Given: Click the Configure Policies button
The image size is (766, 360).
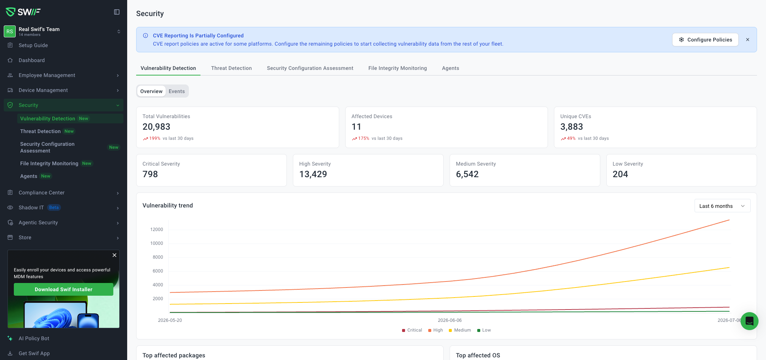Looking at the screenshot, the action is tap(705, 40).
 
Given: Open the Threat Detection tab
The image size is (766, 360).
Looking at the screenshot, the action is tap(231, 68).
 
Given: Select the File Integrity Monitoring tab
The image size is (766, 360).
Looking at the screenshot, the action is tap(397, 68).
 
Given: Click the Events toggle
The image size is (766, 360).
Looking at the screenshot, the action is tap(177, 91).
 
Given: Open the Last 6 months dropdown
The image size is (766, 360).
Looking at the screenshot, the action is tap(722, 206).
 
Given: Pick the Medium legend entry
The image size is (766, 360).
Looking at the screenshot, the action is tap(460, 330).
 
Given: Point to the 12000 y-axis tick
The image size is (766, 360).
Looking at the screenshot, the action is tap(157, 230).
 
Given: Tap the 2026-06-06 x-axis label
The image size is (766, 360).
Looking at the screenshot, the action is tap(450, 320).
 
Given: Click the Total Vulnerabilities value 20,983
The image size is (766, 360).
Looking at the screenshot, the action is tap(156, 127).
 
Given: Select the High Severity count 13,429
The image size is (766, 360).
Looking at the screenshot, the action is tap(313, 174).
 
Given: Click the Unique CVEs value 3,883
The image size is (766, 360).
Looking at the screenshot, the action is tap(572, 127).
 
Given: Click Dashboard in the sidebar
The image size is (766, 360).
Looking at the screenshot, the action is tap(32, 60).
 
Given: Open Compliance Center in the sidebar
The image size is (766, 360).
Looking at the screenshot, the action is tap(42, 193).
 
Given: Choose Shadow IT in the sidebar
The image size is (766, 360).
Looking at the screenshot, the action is tap(31, 207).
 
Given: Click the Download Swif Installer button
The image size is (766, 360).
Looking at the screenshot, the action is tap(64, 289).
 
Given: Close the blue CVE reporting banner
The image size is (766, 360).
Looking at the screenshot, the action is tap(748, 40).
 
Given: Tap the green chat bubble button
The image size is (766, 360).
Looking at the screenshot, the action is tap(750, 321).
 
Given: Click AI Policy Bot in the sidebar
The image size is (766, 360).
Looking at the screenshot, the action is tap(34, 338).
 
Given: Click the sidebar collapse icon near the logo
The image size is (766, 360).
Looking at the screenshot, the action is tap(117, 12).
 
